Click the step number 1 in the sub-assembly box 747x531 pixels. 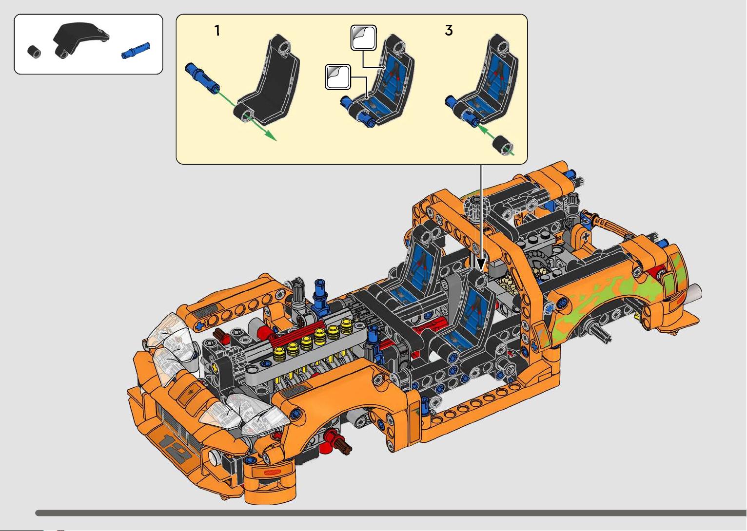click(x=217, y=31)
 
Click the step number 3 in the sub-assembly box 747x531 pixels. click(x=449, y=30)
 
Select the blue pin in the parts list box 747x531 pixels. click(x=136, y=51)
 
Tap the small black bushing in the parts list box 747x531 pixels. click(x=34, y=52)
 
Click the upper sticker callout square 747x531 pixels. click(x=363, y=38)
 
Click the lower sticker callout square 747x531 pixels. click(x=338, y=77)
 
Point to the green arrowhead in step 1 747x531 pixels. click(x=271, y=136)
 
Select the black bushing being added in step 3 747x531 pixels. click(x=503, y=145)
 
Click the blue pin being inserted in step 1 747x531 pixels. click(x=202, y=78)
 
